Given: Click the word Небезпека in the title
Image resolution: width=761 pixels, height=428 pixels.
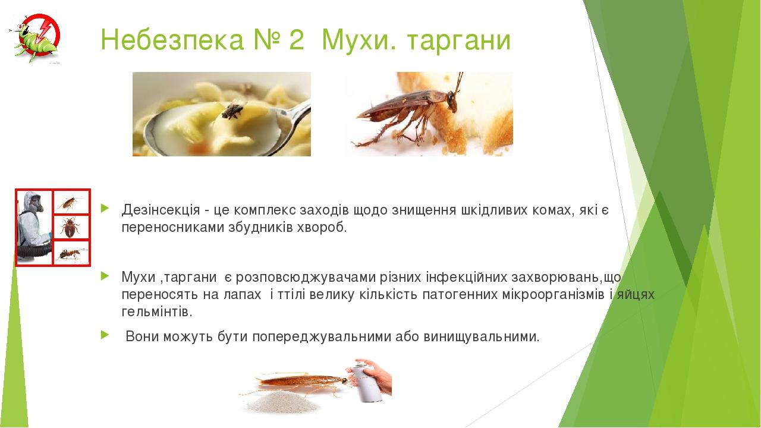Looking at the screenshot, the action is click(172, 40).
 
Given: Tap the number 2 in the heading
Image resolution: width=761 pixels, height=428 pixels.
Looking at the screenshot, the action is click(297, 40).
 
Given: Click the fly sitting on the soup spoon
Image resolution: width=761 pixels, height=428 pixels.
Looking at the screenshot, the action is click(233, 110).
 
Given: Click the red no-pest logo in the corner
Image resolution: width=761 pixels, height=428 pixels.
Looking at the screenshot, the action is click(37, 38).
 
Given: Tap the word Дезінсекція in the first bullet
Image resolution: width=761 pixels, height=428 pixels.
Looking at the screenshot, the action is click(161, 210).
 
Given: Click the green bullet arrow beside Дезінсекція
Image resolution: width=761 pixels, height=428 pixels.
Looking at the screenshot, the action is click(105, 208).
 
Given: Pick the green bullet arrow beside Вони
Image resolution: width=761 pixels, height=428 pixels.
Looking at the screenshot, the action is click(105, 335).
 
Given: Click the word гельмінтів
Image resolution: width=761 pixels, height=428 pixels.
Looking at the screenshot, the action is click(156, 311).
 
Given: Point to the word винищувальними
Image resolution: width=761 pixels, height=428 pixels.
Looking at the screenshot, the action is click(482, 337).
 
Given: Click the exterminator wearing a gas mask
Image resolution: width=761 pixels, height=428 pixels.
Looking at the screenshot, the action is click(33, 227).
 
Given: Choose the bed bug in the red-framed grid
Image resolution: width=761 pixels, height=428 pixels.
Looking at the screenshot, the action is click(70, 227).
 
